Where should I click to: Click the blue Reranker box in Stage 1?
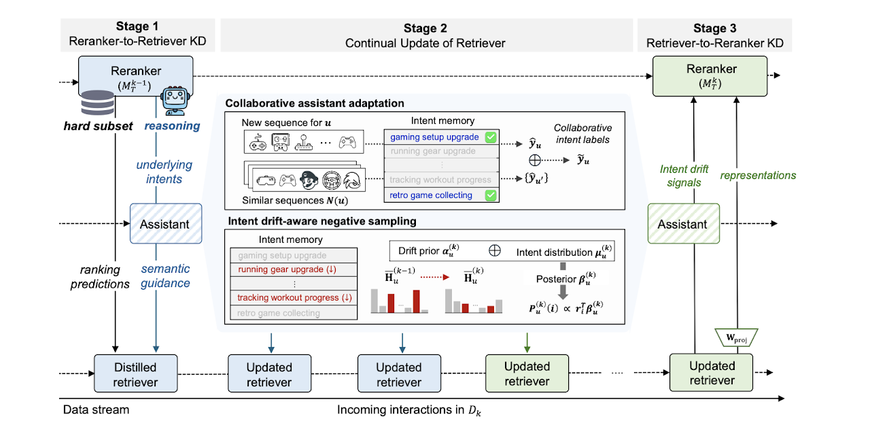[x=135, y=76]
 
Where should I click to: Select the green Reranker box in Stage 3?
[x=710, y=76]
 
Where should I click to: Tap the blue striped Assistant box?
[x=166, y=224]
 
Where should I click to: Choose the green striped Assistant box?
[x=684, y=224]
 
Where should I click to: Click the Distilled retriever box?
[x=135, y=373]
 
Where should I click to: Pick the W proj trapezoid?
[x=736, y=337]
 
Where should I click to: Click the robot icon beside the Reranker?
[x=175, y=101]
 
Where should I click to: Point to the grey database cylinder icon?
[x=97, y=103]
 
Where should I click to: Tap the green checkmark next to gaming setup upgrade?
[x=491, y=137]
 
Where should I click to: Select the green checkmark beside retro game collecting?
[x=491, y=195]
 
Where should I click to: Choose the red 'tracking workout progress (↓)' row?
[x=294, y=298]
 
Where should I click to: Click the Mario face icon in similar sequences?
[x=309, y=180]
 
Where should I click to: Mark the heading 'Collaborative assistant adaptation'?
[x=315, y=103]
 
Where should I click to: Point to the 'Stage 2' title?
[x=425, y=29]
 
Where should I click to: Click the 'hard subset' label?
[x=98, y=126]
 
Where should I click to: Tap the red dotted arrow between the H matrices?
[x=434, y=277]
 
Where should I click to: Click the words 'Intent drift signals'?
[x=684, y=175]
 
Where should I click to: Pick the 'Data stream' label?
[x=96, y=409]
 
